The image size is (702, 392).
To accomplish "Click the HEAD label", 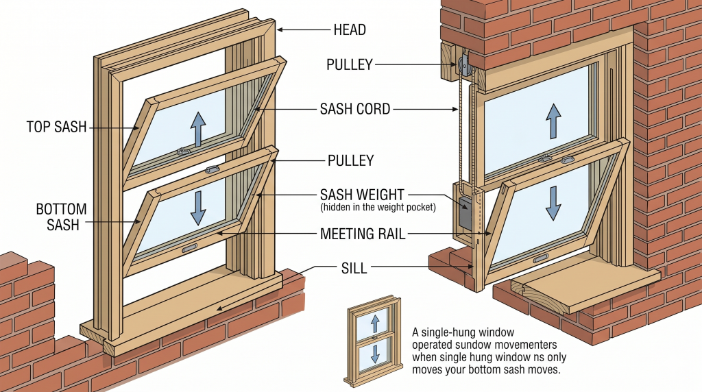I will click(x=350, y=30).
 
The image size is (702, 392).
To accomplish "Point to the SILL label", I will click(x=353, y=268).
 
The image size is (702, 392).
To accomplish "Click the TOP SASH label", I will click(x=57, y=127).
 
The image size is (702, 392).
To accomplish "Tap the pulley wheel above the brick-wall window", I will click(x=465, y=66).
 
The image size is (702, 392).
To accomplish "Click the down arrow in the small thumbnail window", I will click(x=374, y=354).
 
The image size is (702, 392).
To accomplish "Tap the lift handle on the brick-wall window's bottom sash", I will click(x=541, y=258).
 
